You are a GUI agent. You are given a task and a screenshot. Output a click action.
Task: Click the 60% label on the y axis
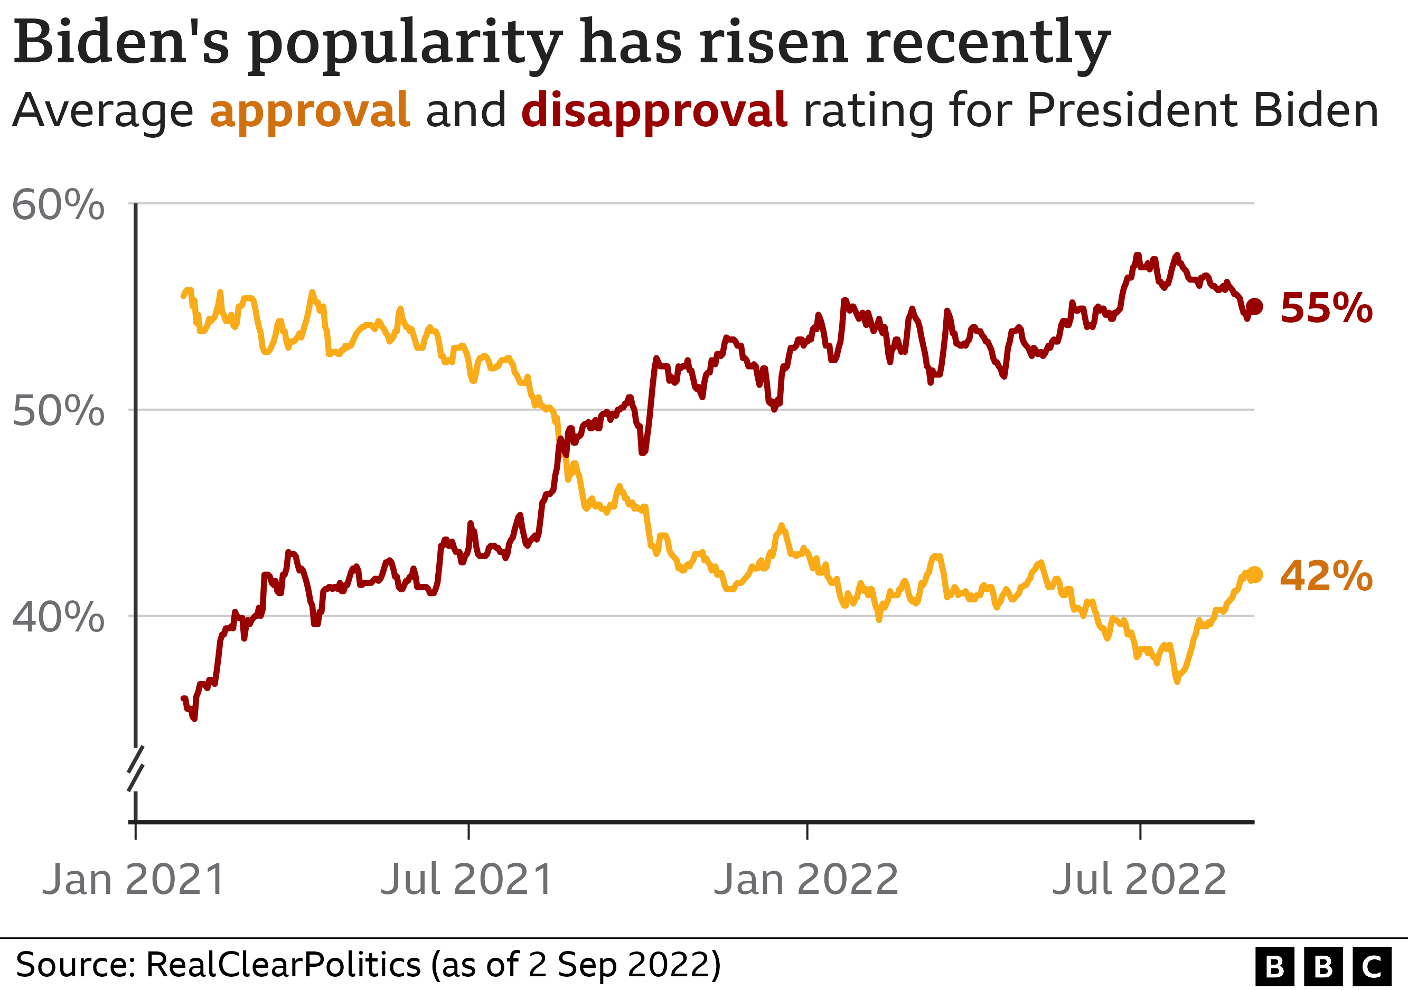click(58, 205)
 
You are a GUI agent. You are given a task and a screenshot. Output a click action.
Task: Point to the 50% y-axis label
click(58, 411)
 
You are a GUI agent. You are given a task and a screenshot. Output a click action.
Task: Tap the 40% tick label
click(58, 617)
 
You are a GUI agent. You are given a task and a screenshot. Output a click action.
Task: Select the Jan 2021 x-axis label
click(134, 880)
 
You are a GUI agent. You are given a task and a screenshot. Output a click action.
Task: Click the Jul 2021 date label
click(467, 880)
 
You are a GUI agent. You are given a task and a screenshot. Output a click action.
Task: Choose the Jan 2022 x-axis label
click(806, 880)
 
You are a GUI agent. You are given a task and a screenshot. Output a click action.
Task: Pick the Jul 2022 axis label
click(1139, 880)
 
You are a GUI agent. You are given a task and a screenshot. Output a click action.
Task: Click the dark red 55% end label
click(1326, 308)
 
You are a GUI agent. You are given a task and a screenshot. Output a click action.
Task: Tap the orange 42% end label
click(1326, 576)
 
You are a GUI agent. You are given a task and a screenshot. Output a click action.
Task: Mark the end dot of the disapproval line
click(1255, 306)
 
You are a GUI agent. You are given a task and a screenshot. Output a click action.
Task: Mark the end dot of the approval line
click(1255, 575)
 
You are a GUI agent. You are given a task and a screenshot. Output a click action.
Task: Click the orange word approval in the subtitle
click(309, 110)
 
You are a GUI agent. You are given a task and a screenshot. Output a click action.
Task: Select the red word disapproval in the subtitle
click(654, 110)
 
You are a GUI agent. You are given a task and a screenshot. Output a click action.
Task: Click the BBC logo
click(1323, 967)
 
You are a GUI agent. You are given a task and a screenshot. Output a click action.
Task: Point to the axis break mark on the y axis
click(136, 769)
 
